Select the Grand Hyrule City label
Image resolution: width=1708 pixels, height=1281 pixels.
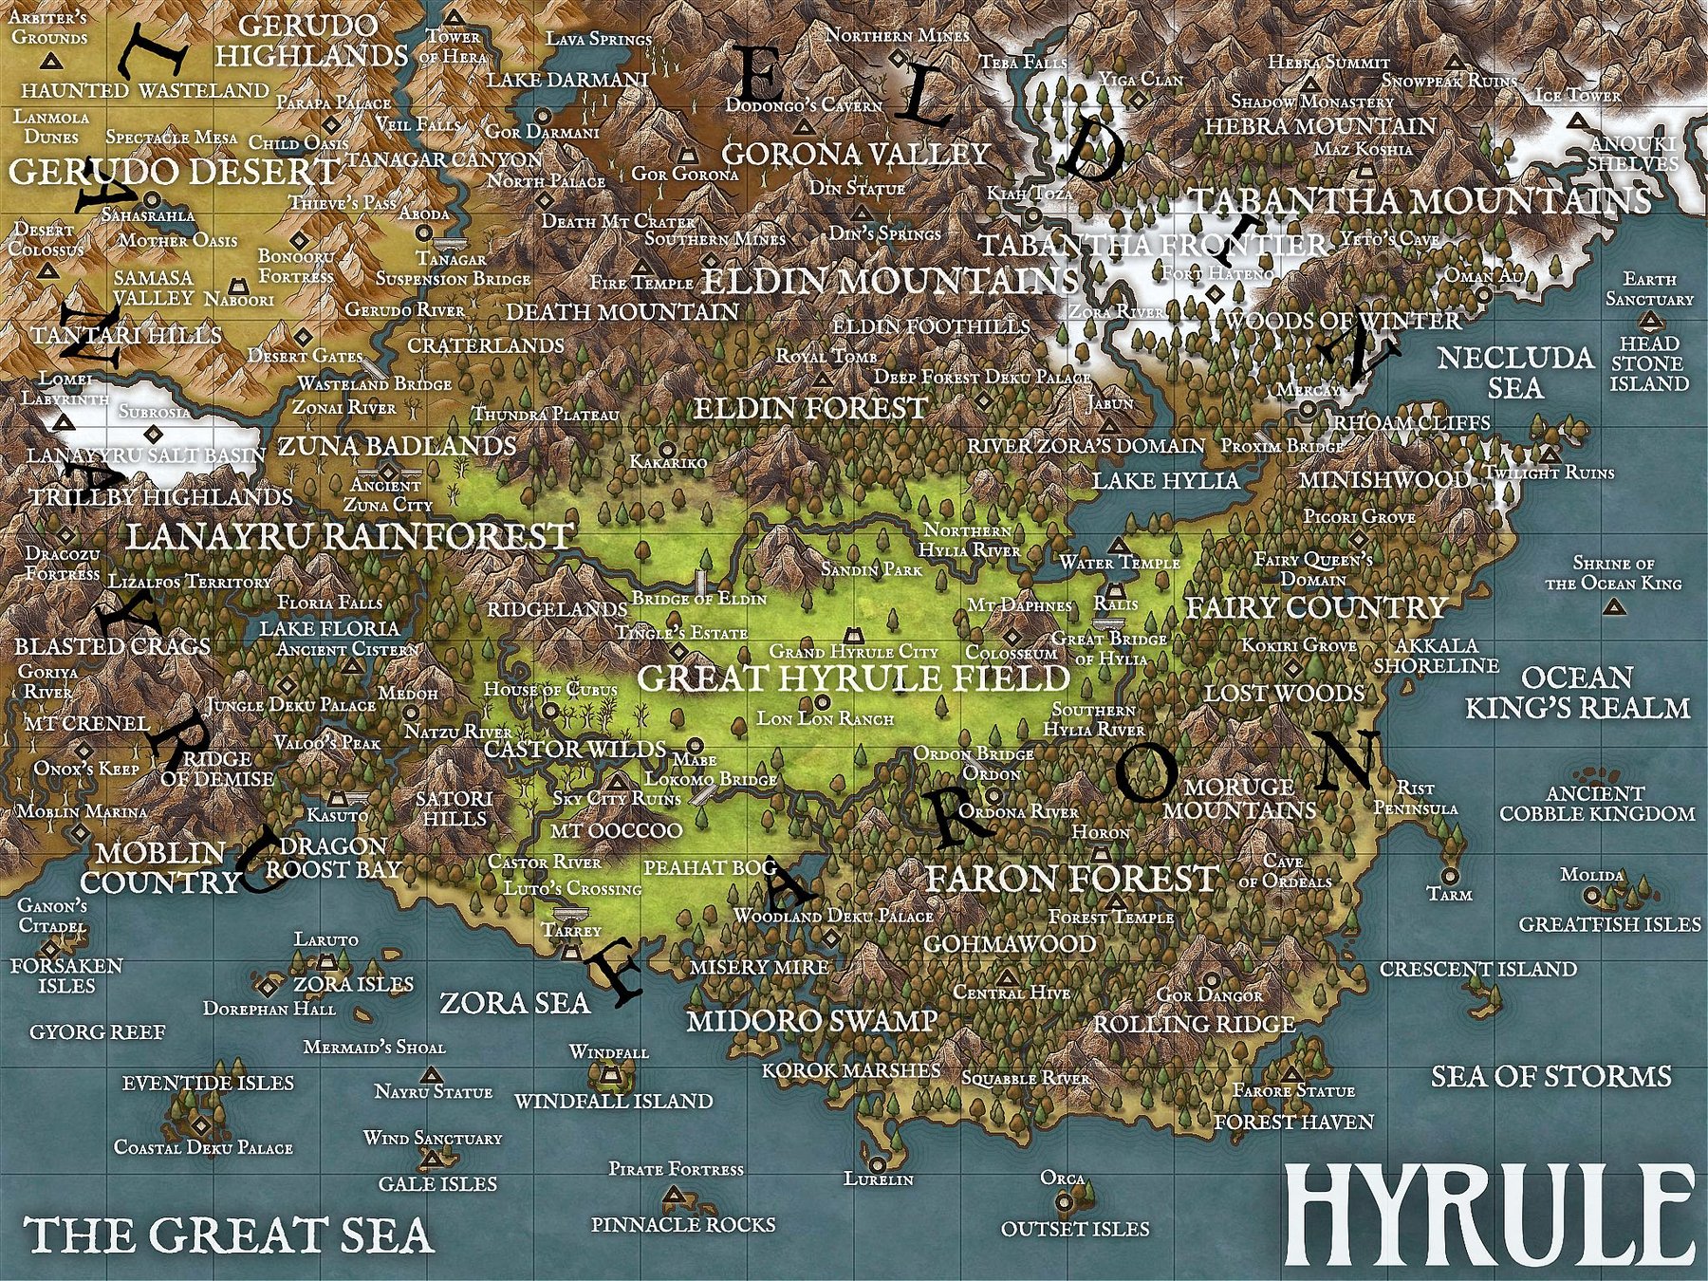point(853,652)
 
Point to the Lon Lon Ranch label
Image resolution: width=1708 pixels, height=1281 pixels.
point(825,718)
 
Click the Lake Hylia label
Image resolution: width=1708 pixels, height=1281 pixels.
point(1165,480)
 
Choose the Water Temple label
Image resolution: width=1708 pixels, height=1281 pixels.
point(1120,563)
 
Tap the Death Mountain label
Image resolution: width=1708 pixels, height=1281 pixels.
point(622,311)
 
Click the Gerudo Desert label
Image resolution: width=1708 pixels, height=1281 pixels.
point(174,172)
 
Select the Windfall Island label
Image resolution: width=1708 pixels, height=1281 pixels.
point(613,1101)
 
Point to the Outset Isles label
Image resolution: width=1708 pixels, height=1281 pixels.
point(1075,1229)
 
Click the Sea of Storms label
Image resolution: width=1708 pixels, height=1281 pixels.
point(1550,1076)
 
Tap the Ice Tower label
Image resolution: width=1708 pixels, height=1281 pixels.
point(1578,96)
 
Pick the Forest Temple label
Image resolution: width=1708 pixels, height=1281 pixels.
point(1111,917)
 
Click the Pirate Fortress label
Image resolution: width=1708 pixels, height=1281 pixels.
point(676,1169)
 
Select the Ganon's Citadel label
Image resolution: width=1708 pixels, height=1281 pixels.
point(52,916)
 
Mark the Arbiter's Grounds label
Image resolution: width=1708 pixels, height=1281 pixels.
point(48,28)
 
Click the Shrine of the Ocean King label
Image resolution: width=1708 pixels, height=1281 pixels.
point(1613,573)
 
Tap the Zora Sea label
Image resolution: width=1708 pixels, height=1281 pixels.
point(514,1003)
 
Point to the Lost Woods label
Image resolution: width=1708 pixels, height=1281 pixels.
point(1284,693)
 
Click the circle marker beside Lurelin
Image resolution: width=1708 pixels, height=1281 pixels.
point(878,1163)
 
